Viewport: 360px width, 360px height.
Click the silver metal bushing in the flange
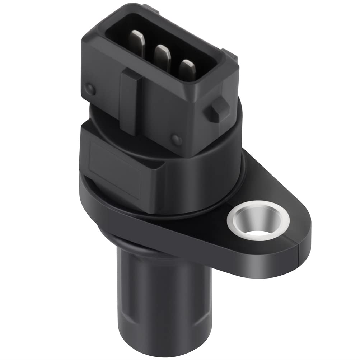click(x=258, y=220)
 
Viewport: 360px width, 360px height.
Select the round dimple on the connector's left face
click(x=90, y=89)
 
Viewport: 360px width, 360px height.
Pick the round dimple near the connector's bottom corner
click(x=176, y=139)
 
